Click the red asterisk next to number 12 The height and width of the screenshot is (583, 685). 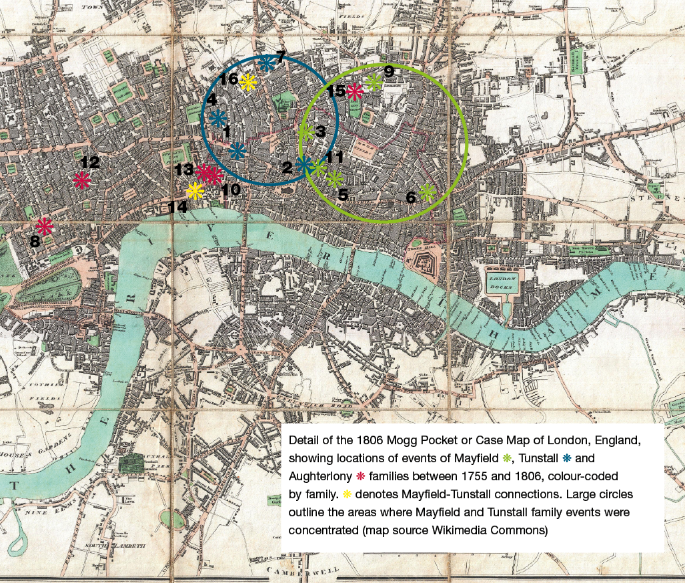(x=82, y=179)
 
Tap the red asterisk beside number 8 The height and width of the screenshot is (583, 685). (x=45, y=225)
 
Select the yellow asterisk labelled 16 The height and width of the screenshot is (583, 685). (x=248, y=82)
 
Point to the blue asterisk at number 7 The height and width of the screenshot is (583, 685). (x=266, y=63)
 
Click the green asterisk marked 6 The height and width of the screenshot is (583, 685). (x=427, y=193)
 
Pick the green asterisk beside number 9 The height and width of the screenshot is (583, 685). (x=374, y=83)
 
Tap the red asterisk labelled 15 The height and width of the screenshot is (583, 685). (x=354, y=91)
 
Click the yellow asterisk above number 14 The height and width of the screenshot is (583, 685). (x=195, y=191)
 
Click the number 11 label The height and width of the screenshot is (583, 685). (x=334, y=157)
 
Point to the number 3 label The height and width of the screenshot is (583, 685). (x=321, y=132)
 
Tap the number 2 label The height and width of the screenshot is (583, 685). (x=287, y=168)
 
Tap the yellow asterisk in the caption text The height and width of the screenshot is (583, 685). (x=347, y=494)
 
